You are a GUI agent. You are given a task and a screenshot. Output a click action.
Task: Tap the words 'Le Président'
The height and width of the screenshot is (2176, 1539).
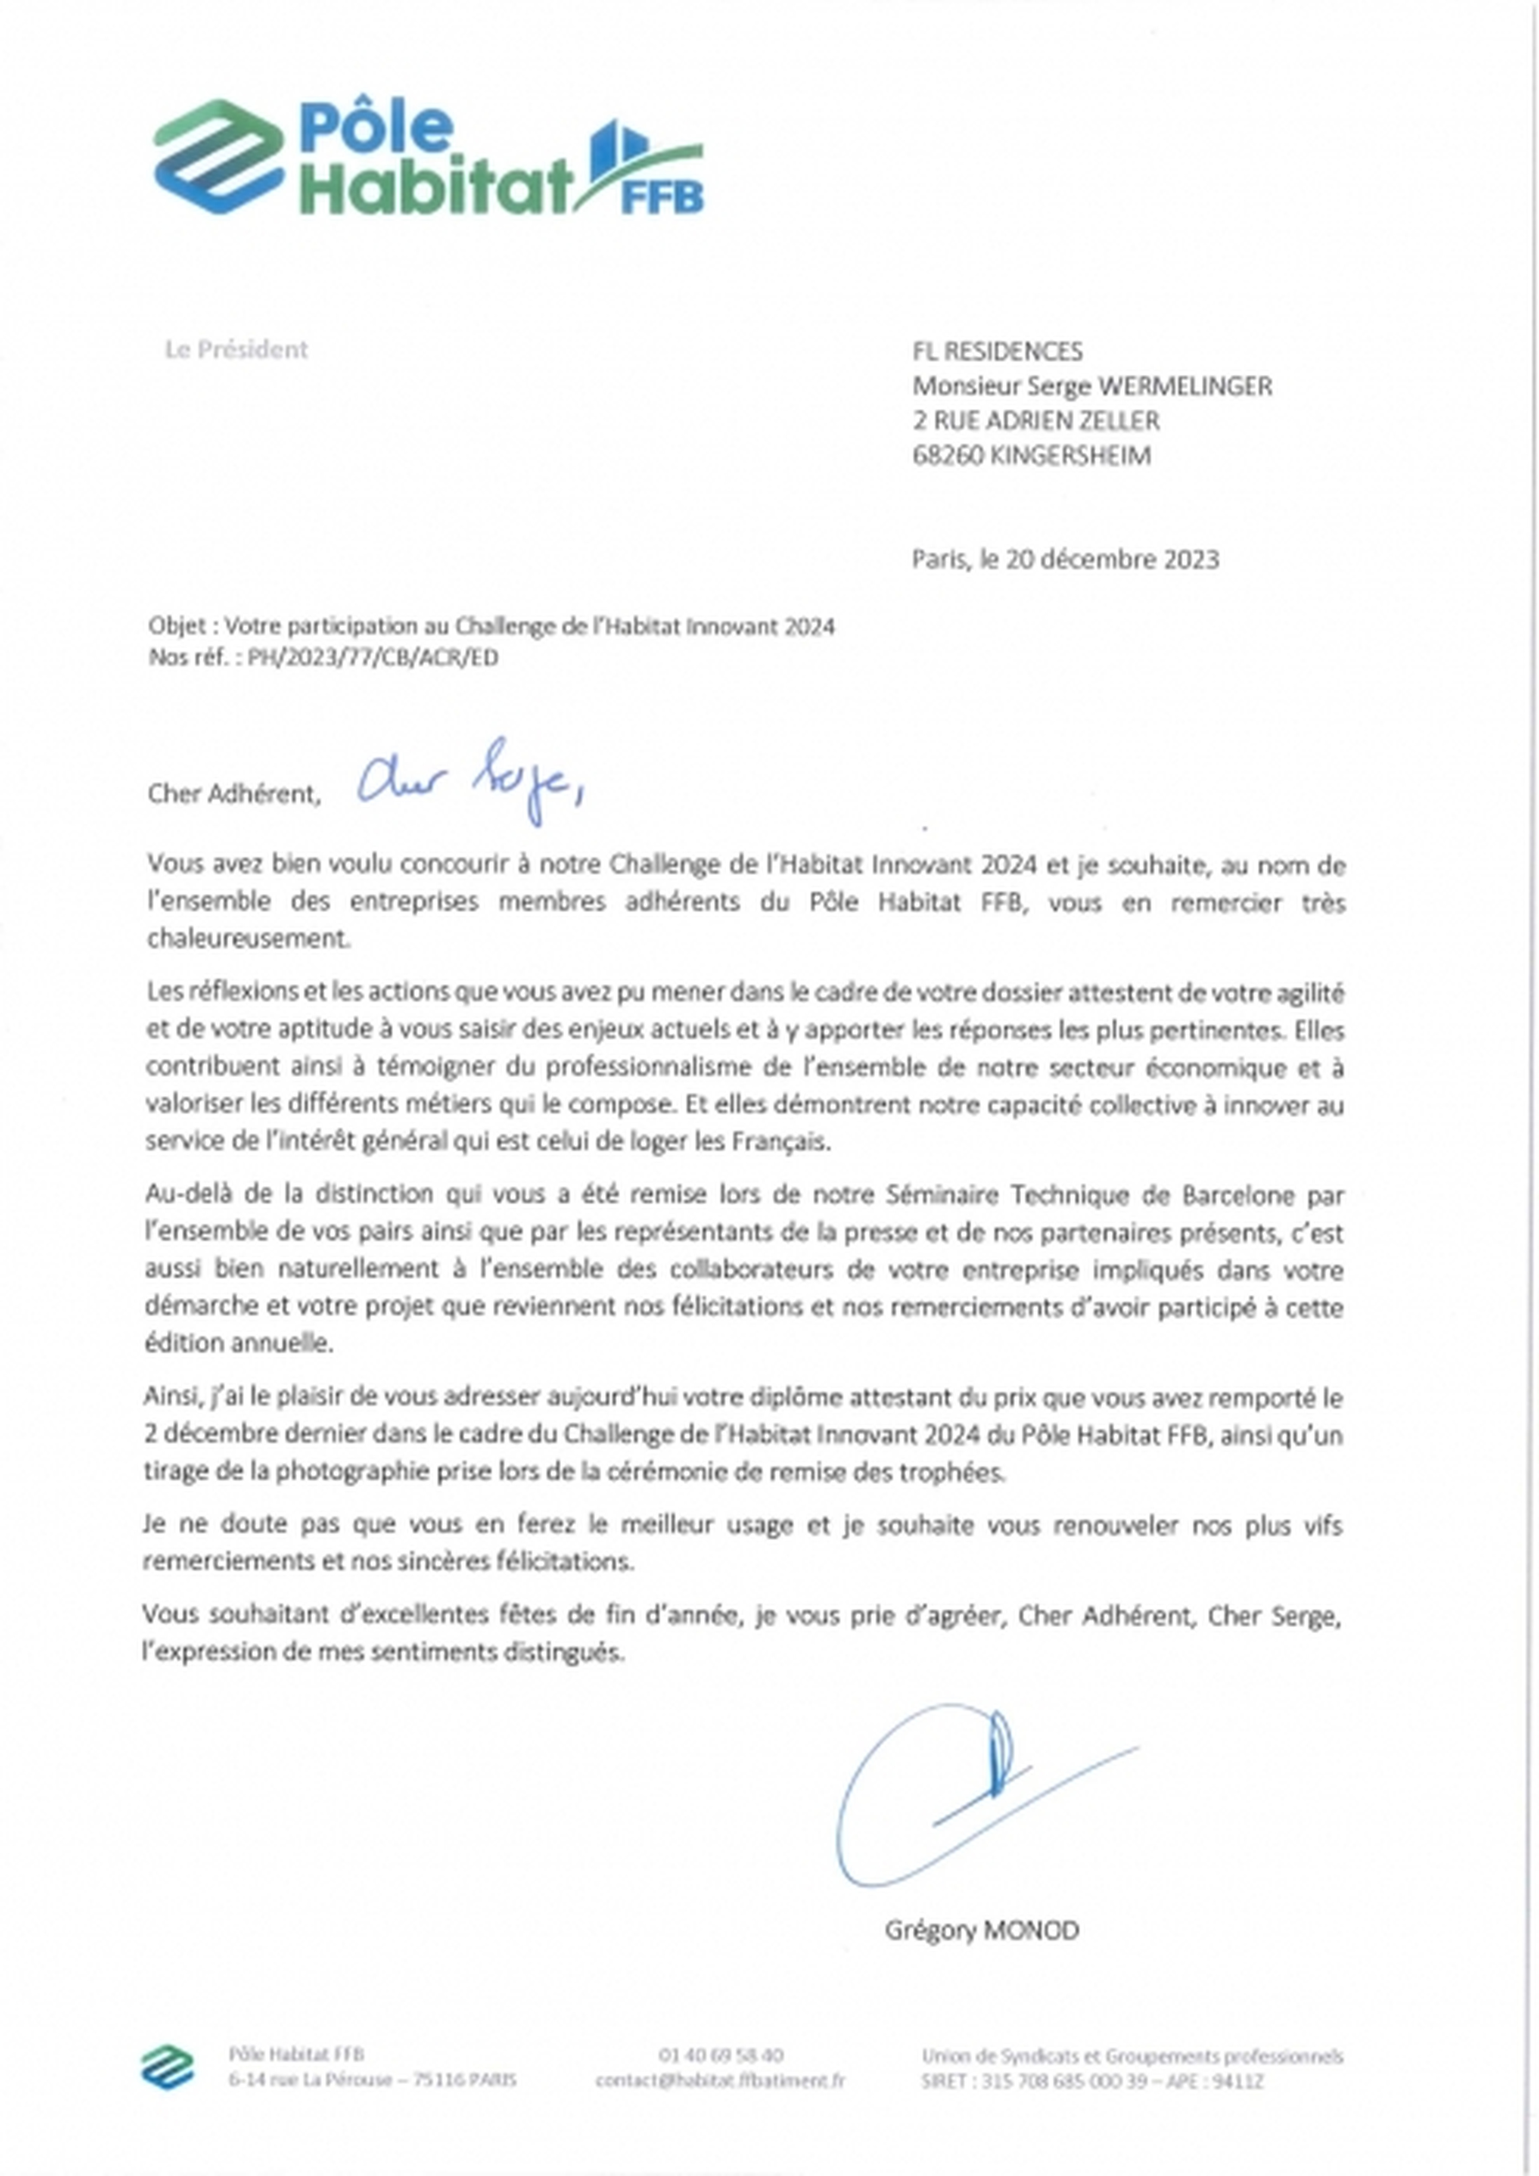(236, 350)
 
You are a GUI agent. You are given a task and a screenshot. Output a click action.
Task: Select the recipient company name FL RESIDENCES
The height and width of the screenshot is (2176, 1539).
(997, 351)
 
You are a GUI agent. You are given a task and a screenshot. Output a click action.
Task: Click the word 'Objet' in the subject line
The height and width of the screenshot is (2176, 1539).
(176, 627)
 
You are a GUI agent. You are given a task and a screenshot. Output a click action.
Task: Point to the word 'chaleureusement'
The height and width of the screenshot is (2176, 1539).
(248, 939)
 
